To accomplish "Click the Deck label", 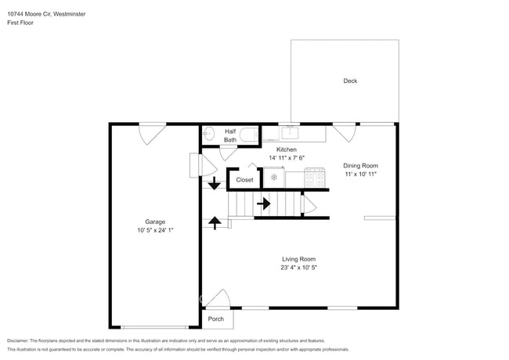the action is click(350, 81).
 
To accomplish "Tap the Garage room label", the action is click(155, 221).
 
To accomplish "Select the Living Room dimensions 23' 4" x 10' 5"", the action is click(298, 268).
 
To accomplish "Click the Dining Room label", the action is click(360, 165).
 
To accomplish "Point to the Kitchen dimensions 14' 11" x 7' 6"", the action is click(287, 158).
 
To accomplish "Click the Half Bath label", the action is click(230, 135).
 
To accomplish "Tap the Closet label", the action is click(244, 180).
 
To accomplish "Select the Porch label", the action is click(216, 319).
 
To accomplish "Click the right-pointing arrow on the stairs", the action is click(264, 203).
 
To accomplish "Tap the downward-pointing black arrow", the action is click(215, 183).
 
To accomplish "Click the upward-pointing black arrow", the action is click(215, 223).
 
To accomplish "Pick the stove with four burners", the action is click(315, 178).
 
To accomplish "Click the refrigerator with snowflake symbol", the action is click(274, 177).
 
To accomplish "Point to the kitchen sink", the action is click(290, 132).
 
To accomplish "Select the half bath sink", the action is click(209, 133).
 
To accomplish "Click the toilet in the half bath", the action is click(251, 134).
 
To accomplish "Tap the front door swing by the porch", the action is click(218, 297).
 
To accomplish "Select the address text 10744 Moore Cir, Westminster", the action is click(46, 14).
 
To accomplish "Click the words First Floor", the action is click(20, 23).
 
